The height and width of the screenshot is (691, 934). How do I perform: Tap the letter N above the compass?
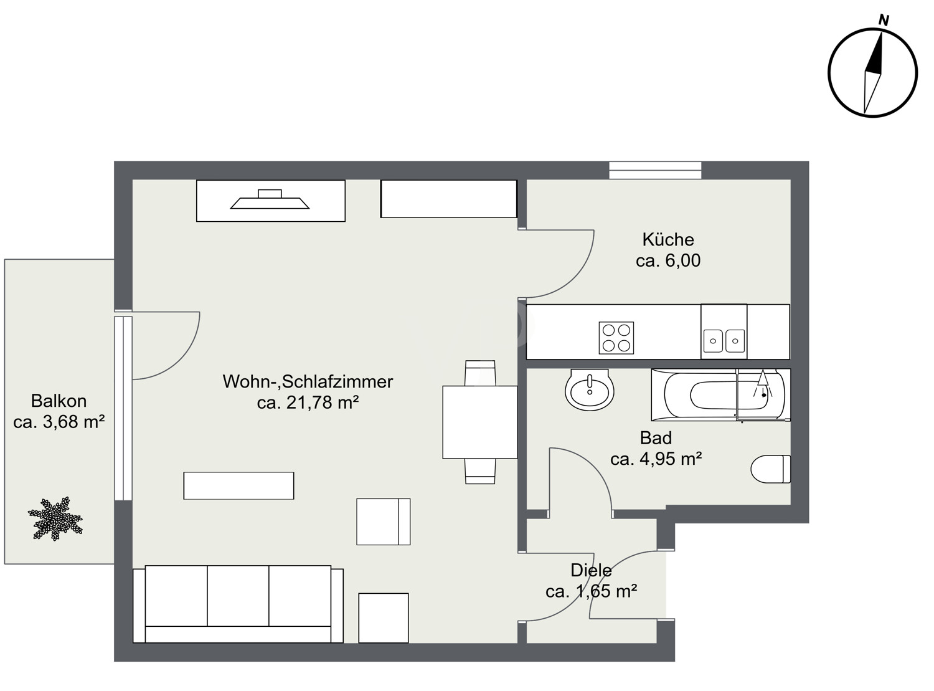pyautogui.click(x=883, y=21)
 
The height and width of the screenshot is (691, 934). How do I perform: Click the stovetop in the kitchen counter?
pyautogui.click(x=616, y=338)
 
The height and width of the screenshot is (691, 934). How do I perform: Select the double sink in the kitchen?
pyautogui.click(x=724, y=340)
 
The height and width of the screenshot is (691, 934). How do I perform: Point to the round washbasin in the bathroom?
pyautogui.click(x=589, y=390)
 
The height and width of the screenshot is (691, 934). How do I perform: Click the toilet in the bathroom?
pyautogui.click(x=771, y=469)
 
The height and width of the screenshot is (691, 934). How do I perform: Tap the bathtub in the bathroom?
pyautogui.click(x=720, y=395)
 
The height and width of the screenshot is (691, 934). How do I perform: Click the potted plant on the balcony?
pyautogui.click(x=55, y=518)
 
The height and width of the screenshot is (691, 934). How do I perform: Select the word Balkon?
pyautogui.click(x=59, y=401)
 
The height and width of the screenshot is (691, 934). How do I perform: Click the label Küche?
pyautogui.click(x=668, y=239)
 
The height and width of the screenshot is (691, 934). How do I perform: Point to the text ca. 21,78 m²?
pyautogui.click(x=308, y=403)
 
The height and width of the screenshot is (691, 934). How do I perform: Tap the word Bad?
pyautogui.click(x=656, y=437)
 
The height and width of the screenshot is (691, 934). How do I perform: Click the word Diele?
pyautogui.click(x=591, y=570)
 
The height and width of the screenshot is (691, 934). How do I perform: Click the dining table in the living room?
pyautogui.click(x=479, y=422)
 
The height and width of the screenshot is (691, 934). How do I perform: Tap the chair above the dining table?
pyautogui.click(x=480, y=373)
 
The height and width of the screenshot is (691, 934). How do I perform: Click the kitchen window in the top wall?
pyautogui.click(x=655, y=170)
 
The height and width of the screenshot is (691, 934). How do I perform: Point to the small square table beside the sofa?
pyautogui.click(x=384, y=617)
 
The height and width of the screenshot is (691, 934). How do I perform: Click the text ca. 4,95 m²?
pyautogui.click(x=656, y=459)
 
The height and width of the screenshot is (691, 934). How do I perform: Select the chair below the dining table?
pyautogui.click(x=480, y=470)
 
